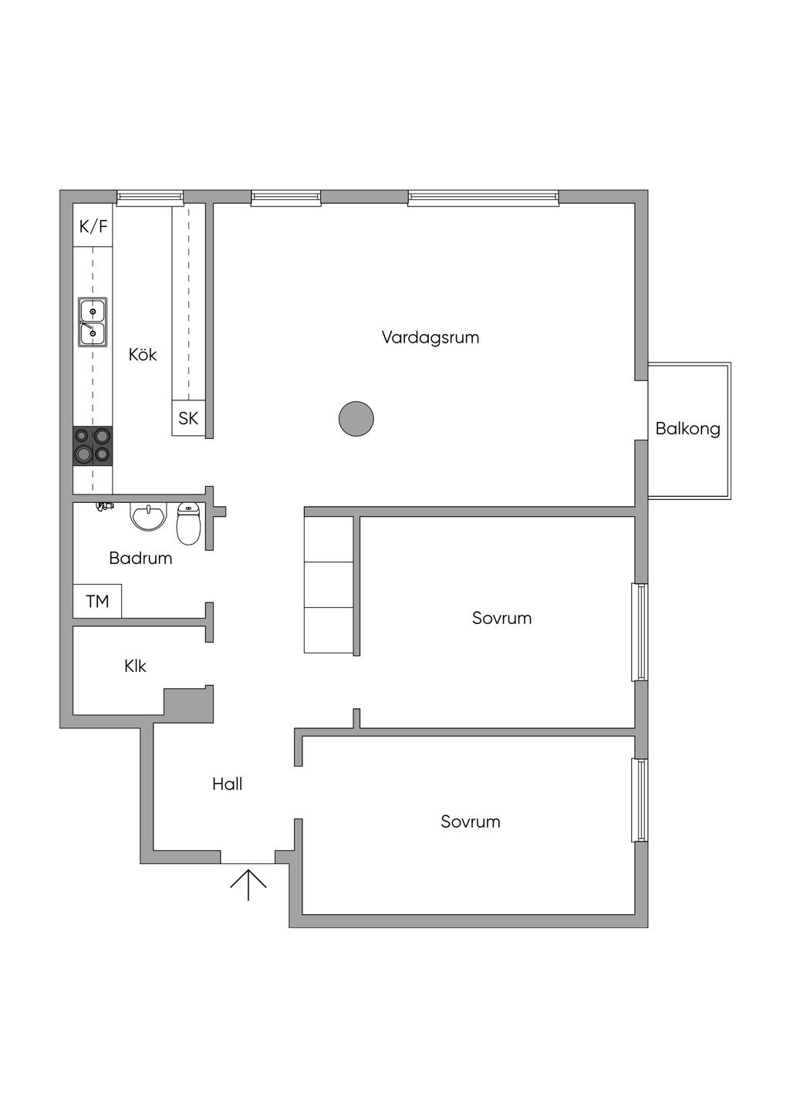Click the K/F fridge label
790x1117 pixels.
[93, 227]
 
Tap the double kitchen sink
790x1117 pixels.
[93, 322]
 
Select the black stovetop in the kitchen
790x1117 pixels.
[93, 445]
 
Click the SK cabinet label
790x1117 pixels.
[188, 418]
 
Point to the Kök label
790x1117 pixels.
[143, 355]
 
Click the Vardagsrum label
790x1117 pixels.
[430, 337]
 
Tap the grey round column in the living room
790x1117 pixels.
[356, 419]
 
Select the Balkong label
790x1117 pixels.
[687, 429]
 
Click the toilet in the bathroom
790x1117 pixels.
[188, 524]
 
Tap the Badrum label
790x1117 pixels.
[140, 558]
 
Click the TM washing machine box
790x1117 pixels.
[97, 602]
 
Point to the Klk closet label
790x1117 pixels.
[135, 666]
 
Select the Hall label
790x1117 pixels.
[228, 785]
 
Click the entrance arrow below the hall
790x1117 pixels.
[248, 884]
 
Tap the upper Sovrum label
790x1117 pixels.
[501, 618]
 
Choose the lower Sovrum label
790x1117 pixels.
[471, 822]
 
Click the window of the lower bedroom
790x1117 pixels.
[640, 800]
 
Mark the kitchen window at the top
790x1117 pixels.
[150, 198]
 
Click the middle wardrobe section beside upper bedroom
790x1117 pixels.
[329, 585]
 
